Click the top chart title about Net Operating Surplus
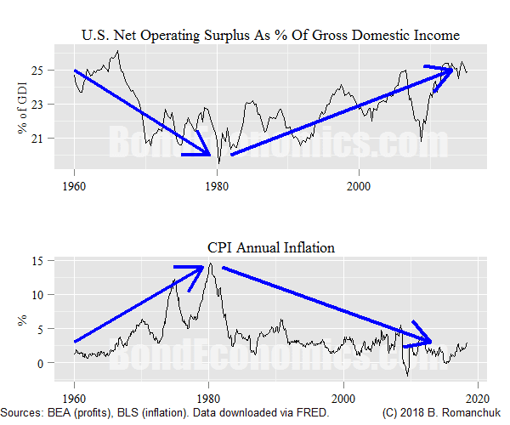click(x=270, y=35)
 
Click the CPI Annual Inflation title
click(x=270, y=248)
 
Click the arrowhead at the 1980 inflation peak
click(x=202, y=267)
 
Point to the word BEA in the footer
click(x=63, y=412)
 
